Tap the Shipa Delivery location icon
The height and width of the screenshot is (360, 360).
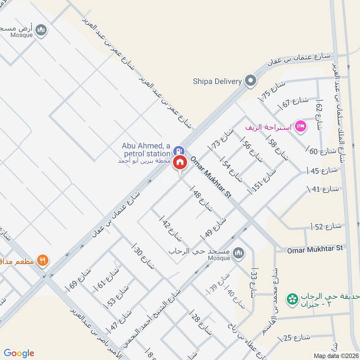tap(250, 81)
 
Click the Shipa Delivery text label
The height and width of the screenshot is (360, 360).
tap(217, 81)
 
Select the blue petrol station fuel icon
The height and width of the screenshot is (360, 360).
tap(179, 150)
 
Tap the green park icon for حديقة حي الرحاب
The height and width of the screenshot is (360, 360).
tap(293, 298)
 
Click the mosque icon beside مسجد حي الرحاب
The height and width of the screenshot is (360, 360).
tap(238, 254)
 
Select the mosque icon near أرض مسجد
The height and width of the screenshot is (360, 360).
tap(42, 30)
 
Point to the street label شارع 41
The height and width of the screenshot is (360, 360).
tap(321, 189)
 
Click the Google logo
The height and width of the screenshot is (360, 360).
tap(18, 353)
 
